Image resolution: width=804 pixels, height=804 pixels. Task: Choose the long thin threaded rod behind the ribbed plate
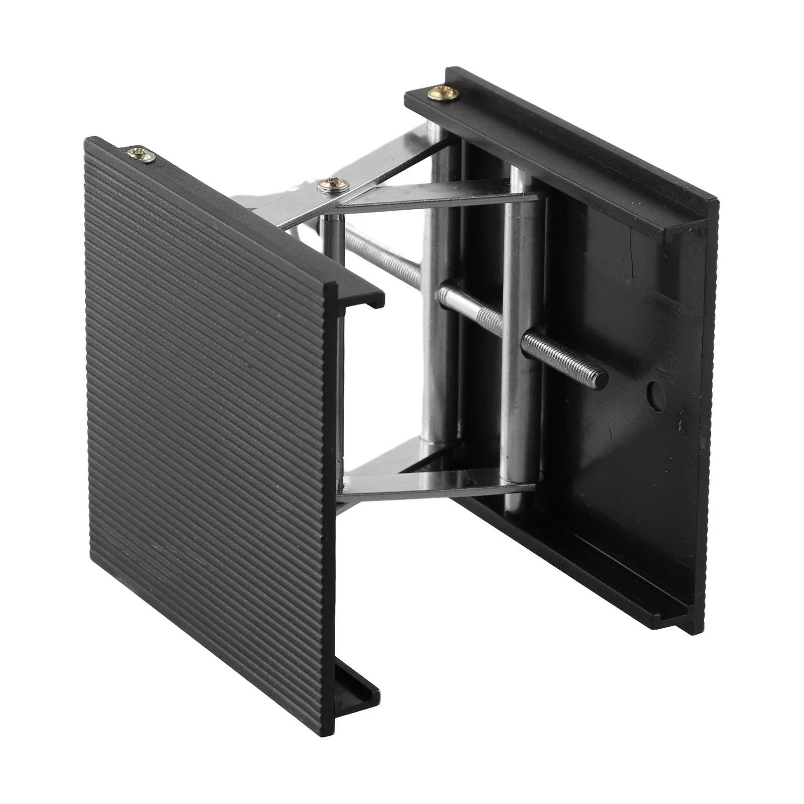(382, 256)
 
